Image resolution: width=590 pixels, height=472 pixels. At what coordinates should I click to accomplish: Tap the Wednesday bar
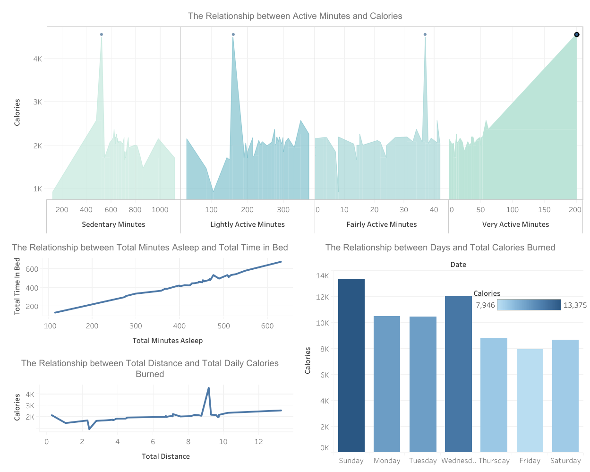point(458,374)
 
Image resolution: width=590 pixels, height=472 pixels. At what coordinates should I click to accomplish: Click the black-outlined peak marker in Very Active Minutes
point(576,34)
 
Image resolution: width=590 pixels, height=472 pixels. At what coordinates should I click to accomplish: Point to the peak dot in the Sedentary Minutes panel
point(102,34)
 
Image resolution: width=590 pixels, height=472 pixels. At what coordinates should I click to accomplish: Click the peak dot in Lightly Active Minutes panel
point(233,34)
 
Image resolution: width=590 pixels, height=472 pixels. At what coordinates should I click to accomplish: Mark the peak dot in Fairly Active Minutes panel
point(425,34)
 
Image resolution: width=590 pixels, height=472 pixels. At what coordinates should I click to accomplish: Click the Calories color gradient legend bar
point(529,305)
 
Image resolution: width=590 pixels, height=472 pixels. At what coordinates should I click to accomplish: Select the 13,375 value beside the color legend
point(574,305)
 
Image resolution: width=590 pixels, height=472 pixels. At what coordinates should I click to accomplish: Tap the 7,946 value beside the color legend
point(485,305)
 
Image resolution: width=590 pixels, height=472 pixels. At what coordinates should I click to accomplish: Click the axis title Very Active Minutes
point(515,224)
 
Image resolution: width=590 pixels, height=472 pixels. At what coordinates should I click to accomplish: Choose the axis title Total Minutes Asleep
point(167,341)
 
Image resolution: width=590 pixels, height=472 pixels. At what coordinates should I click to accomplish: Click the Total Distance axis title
point(165,456)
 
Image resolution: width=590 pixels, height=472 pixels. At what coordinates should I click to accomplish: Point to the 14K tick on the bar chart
point(322,276)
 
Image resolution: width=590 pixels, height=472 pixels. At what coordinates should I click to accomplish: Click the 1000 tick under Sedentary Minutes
point(160,210)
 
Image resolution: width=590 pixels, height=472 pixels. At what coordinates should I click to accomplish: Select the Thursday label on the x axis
point(494,461)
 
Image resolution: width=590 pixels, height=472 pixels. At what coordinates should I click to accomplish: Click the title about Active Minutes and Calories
point(295,16)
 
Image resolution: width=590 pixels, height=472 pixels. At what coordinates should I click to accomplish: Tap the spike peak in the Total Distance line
point(208,388)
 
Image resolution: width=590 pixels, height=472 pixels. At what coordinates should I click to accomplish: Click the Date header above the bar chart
point(458,265)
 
